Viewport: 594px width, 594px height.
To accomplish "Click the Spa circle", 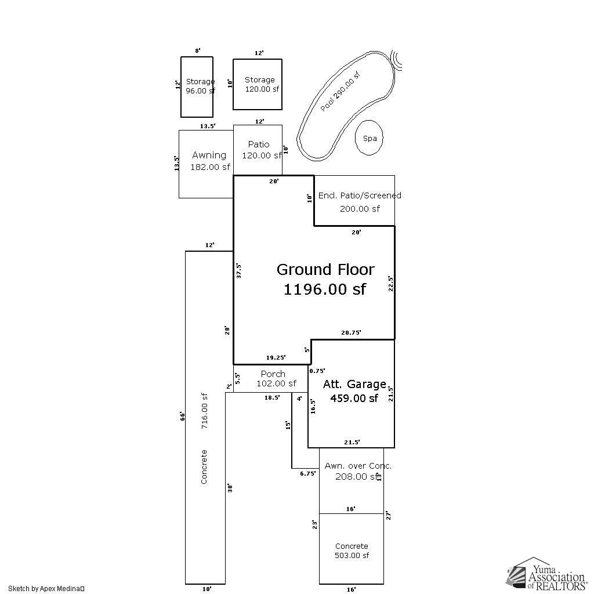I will pos(370,138).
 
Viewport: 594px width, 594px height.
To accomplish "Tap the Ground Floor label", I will pos(325,269).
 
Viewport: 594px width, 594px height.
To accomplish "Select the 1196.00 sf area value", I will pos(324,289).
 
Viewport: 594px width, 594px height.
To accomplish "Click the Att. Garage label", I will pos(354,384).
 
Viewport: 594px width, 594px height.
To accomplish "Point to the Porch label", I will pos(273,374).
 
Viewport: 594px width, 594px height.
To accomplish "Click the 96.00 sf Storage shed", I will pos(197,86).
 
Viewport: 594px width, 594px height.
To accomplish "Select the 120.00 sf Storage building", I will pos(258,84).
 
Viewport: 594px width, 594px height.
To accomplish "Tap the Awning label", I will pos(209,155).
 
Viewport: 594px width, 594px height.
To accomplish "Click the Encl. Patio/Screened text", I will pos(359,195).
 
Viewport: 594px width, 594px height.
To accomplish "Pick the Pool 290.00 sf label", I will pos(340,91).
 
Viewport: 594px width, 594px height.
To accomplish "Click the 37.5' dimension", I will pos(239,271).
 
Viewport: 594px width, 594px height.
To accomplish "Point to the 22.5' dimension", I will pos(391,282).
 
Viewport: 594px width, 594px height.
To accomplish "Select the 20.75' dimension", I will pos(351,332).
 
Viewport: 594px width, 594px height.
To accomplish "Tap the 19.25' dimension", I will pos(276,357).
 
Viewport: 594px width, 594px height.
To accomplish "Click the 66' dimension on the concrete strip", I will pos(182,416).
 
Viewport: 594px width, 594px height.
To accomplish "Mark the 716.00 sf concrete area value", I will pos(204,411).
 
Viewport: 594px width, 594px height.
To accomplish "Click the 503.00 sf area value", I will pos(352,555).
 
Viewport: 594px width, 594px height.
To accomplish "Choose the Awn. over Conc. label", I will pos(357,466).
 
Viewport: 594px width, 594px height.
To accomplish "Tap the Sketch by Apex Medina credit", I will pos(46,588).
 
